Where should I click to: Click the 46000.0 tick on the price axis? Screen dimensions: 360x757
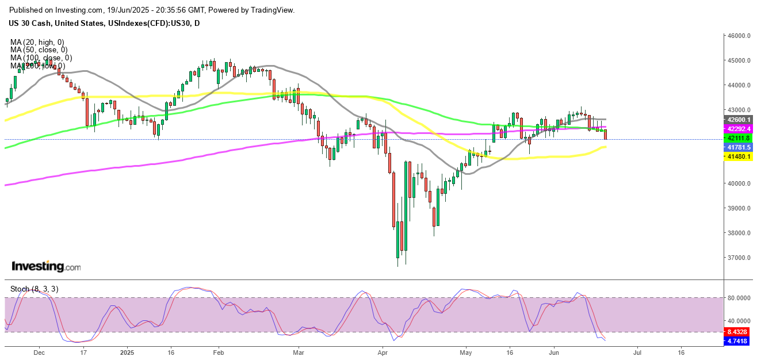click(738, 36)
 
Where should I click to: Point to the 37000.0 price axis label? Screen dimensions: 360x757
click(738, 258)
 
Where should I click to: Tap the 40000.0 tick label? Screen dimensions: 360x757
click(738, 183)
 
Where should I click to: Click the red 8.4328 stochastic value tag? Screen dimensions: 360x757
click(737, 332)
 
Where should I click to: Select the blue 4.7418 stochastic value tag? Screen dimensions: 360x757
click(737, 341)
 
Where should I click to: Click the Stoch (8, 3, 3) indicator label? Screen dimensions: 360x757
click(35, 289)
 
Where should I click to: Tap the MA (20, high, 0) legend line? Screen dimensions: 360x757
click(37, 42)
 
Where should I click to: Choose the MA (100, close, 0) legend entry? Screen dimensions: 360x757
click(41, 58)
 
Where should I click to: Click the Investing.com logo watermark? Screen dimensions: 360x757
click(46, 267)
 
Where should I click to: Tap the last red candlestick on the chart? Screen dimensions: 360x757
click(605, 135)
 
